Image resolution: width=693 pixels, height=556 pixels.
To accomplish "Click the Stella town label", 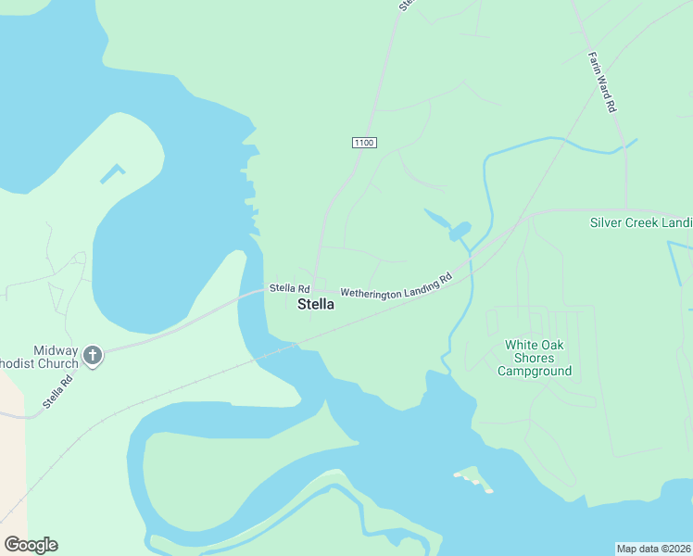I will (x=315, y=305).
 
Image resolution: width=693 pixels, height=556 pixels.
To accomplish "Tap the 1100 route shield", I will (x=364, y=142).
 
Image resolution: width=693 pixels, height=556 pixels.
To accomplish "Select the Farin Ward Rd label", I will (x=602, y=82).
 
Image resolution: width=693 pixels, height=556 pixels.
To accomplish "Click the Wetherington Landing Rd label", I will (x=396, y=285).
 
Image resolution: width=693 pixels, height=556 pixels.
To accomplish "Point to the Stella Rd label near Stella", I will (x=289, y=289).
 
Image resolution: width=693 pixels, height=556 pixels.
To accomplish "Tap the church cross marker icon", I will (x=92, y=354).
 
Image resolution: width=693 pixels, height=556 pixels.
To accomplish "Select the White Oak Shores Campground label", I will (x=534, y=358).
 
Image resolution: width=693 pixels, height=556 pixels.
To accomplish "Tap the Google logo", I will (x=31, y=545).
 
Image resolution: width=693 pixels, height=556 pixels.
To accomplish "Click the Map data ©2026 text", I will (x=653, y=549).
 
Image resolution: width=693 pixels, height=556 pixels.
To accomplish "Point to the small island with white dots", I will (x=474, y=480).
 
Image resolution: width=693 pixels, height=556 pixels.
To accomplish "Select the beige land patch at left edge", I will (x=11, y=445).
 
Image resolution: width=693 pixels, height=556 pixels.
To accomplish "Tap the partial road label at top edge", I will (x=406, y=5).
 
